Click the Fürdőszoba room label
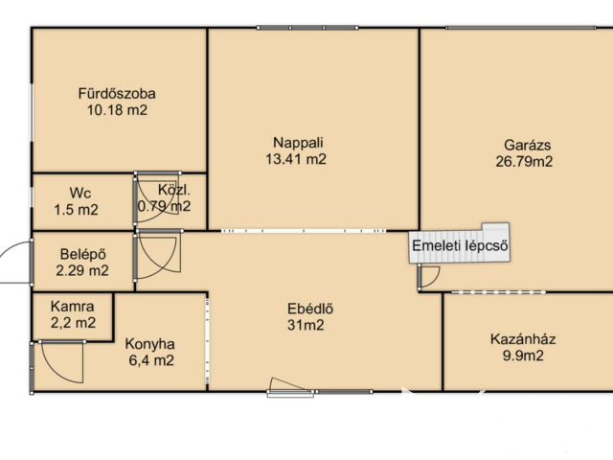coord(117,94)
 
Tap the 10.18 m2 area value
coord(117,110)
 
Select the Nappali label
coord(298,143)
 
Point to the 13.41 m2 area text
coord(296,159)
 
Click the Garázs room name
coord(528,145)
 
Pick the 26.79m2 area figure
coord(524,162)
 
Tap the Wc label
coord(80,194)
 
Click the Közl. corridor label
coord(174,190)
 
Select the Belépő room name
coord(83,254)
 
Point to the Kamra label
coord(73,307)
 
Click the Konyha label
coord(149,344)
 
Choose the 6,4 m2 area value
coord(151,360)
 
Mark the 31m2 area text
coord(306,325)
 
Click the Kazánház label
coord(523,339)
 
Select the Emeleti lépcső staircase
coord(460,243)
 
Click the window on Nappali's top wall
coord(307,28)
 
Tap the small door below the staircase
coord(429,277)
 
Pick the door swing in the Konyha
coord(61,362)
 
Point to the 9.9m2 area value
coord(523,356)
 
